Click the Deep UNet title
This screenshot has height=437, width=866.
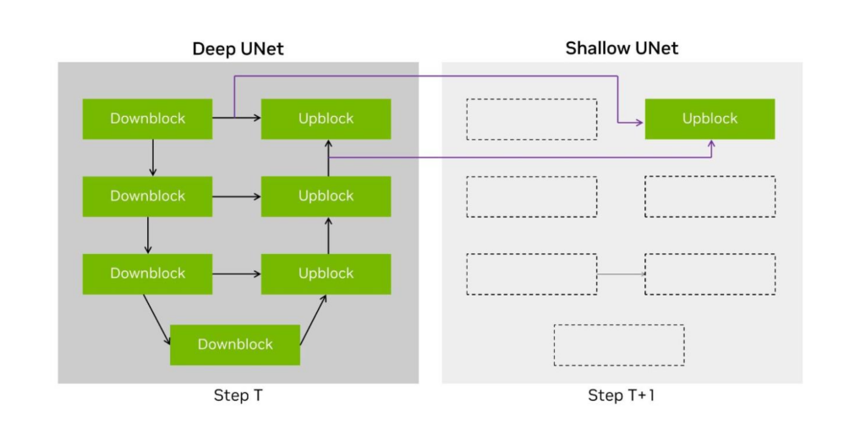238,48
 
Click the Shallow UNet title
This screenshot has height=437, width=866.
622,48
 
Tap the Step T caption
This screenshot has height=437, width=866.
238,396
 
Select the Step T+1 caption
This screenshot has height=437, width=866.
622,396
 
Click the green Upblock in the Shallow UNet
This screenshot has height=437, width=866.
710,119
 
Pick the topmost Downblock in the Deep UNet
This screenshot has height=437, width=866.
147,119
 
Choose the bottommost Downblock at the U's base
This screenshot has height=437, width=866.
235,345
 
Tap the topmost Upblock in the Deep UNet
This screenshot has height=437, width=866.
326,119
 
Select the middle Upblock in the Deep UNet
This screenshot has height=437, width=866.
326,196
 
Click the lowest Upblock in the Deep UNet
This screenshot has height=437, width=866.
326,274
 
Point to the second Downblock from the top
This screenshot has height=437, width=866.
147,196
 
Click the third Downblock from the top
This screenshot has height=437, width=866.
147,274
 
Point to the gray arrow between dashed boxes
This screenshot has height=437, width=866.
621,274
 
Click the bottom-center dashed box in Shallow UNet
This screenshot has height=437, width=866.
619,345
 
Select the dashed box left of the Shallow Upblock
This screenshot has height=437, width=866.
531,119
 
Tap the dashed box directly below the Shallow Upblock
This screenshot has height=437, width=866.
710,196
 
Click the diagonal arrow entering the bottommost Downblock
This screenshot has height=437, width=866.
156,318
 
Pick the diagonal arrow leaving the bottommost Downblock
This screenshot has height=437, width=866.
313,319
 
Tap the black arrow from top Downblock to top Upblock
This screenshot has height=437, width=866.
236,119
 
